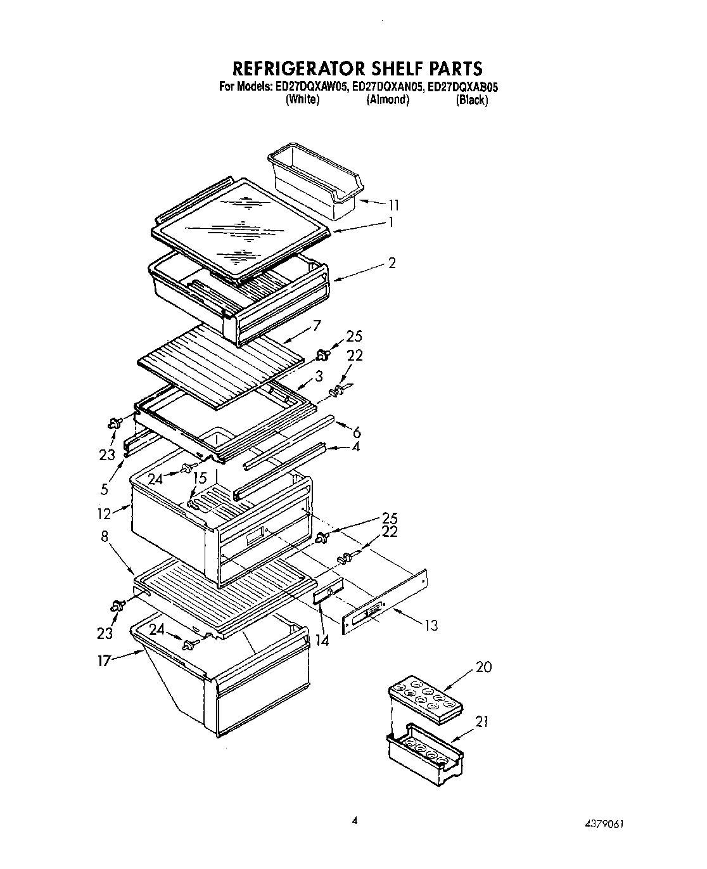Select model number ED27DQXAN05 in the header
(x=387, y=87)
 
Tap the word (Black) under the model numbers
(x=472, y=100)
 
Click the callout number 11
(x=393, y=205)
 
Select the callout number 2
(x=392, y=262)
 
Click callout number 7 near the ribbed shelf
(x=316, y=326)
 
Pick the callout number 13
(x=431, y=626)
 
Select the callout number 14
(x=323, y=640)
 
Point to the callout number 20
(x=483, y=667)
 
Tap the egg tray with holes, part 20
(x=422, y=695)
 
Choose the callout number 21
(x=483, y=722)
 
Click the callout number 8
(x=105, y=536)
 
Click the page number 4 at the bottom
(x=355, y=820)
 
